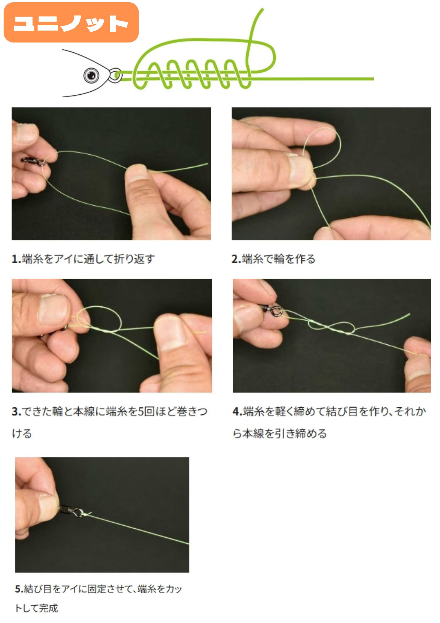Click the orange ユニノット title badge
[x=71, y=22]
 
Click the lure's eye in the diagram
[x=91, y=75]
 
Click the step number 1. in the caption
[x=16, y=259]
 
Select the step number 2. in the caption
[x=236, y=259]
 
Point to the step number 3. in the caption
[x=16, y=411]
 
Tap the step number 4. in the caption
[x=238, y=411]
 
